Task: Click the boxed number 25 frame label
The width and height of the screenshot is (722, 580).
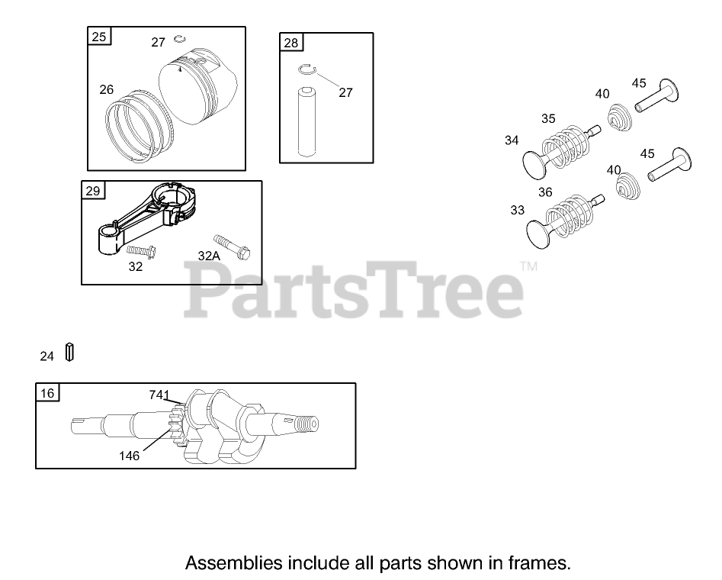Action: point(100,37)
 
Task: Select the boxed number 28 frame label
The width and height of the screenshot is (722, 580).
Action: point(291,43)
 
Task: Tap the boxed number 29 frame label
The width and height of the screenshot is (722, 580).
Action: point(93,191)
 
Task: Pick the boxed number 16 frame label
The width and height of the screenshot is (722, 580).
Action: point(47,393)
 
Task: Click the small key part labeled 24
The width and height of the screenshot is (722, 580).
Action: point(69,353)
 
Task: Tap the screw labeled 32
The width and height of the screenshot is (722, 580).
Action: point(140,250)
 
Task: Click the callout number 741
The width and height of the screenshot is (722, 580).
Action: point(159,395)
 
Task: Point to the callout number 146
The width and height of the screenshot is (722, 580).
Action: point(129,456)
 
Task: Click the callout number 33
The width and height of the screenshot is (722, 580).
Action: point(518,210)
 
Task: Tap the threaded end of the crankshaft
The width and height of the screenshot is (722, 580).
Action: point(310,424)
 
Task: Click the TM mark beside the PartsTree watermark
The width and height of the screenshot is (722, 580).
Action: point(528,266)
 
